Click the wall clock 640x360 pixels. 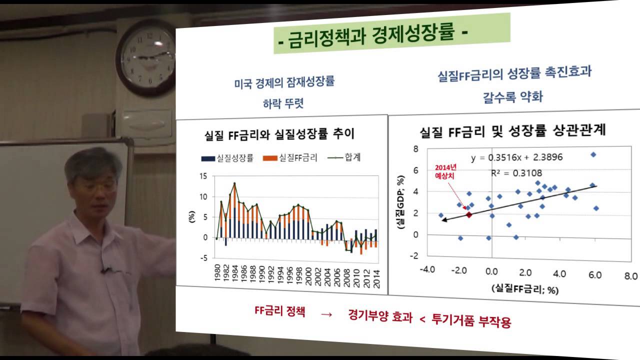147,57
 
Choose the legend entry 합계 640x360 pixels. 346,157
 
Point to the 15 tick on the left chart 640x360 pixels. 203,176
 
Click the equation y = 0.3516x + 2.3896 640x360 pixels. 516,157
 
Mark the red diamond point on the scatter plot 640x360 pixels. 469,214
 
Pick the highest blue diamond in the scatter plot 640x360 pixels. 593,154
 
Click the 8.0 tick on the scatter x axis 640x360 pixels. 631,275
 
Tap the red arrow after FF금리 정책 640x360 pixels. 326,314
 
